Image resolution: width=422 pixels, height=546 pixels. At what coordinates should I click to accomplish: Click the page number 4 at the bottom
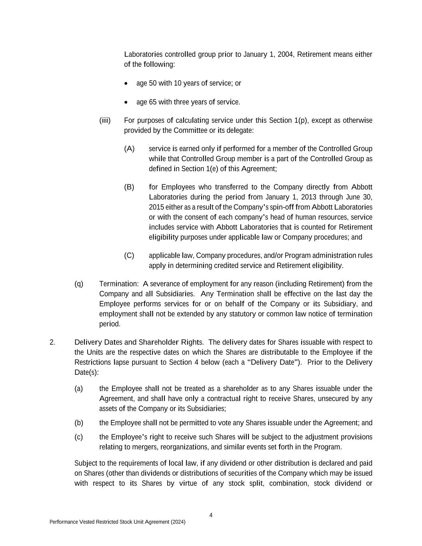coord(211,515)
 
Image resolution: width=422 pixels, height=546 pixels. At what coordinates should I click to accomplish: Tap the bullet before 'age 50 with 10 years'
coord(126,83)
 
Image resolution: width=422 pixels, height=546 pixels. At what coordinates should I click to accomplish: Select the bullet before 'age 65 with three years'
coord(126,102)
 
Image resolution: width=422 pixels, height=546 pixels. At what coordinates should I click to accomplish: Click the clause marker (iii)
coord(105,120)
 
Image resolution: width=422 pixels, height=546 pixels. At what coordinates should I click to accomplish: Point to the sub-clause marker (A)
coord(129,149)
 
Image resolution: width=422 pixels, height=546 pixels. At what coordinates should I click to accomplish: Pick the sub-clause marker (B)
coord(129,187)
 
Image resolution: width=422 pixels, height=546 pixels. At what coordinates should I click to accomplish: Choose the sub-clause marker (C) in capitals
coord(129,255)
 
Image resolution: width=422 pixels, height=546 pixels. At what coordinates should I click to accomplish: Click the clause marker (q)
coord(79,284)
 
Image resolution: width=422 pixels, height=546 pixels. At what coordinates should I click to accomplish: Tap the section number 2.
coord(52,342)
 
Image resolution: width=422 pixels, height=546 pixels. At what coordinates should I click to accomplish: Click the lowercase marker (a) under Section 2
coord(79,388)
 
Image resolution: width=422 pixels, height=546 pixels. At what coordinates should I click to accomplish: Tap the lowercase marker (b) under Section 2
coord(79,423)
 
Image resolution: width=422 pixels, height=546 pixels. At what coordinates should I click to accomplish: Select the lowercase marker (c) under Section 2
coord(79,437)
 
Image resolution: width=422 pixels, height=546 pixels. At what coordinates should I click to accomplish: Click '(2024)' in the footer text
coord(178,522)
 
